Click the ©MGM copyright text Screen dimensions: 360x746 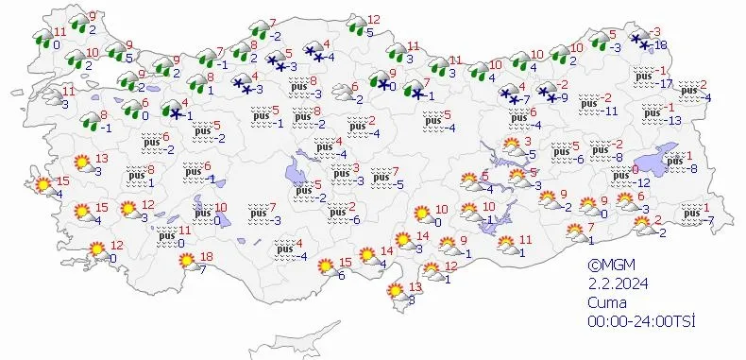(608, 267)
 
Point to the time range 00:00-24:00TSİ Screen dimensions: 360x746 (640, 322)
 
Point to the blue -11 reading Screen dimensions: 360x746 (611, 111)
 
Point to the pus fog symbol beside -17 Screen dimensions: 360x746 (645, 75)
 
